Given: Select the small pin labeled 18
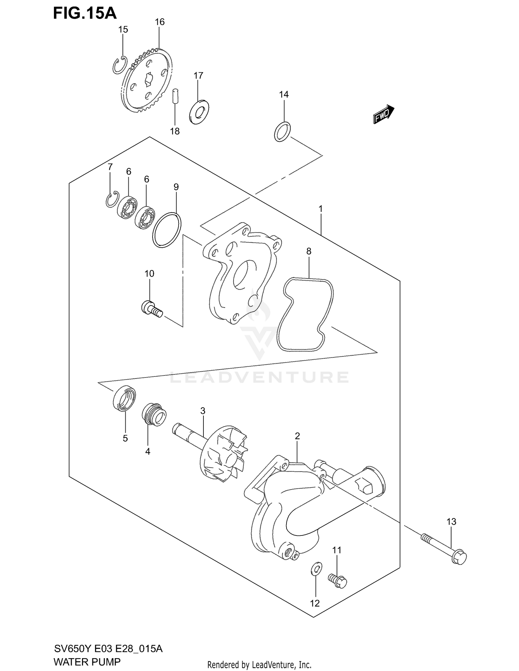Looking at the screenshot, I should (x=175, y=96).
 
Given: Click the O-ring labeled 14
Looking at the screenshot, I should (x=282, y=132).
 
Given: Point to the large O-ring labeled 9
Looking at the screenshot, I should (x=166, y=230).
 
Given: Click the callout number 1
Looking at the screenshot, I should (x=320, y=209).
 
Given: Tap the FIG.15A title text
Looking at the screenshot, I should (x=85, y=13).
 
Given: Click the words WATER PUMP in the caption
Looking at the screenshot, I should (x=87, y=662).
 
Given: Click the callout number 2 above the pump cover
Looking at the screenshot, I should (x=297, y=436).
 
